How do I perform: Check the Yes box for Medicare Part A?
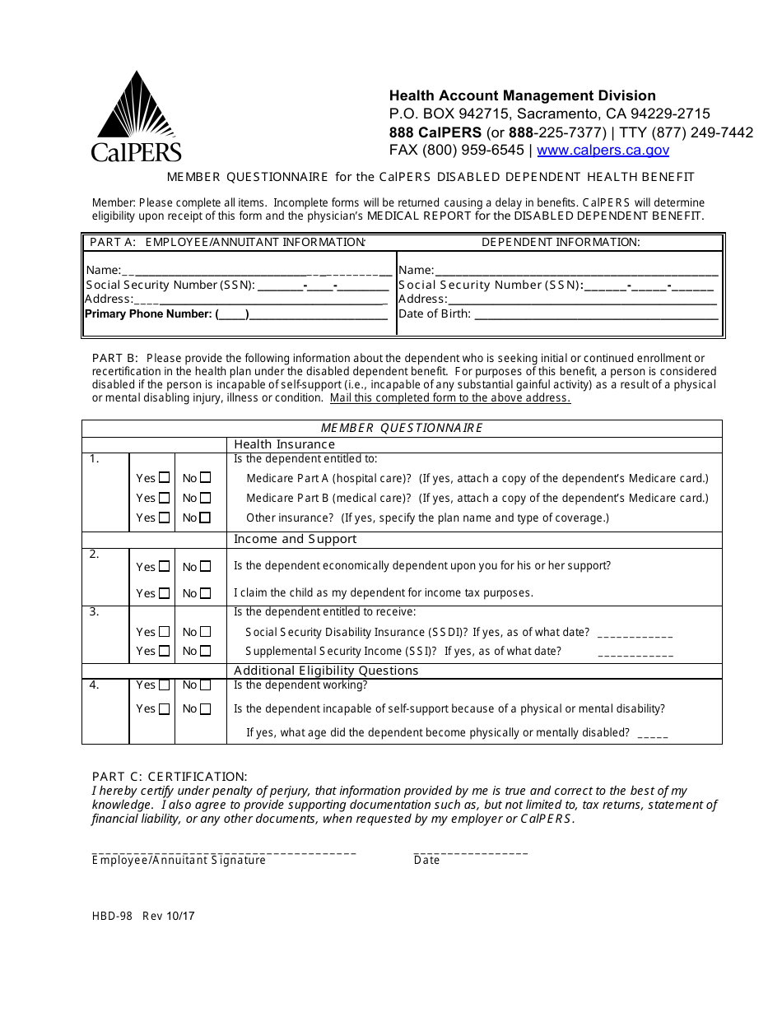[x=165, y=477]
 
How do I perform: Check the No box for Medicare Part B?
[x=205, y=498]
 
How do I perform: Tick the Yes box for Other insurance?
[x=165, y=518]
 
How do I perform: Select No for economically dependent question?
[x=205, y=566]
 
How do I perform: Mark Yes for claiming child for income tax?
[x=165, y=593]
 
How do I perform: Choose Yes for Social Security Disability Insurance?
[x=165, y=632]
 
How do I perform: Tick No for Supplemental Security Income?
[x=205, y=651]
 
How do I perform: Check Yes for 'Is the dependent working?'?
[x=165, y=685]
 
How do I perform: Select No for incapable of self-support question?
[x=205, y=708]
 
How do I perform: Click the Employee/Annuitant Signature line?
[x=224, y=851]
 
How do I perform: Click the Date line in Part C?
[x=471, y=851]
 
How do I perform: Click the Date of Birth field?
[x=596, y=313]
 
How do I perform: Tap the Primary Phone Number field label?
[x=149, y=313]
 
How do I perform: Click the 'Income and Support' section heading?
[x=295, y=540]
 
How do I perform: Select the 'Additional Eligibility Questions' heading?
[x=326, y=671]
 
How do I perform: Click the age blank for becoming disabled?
[x=653, y=733]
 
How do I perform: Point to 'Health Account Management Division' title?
[x=523, y=95]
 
